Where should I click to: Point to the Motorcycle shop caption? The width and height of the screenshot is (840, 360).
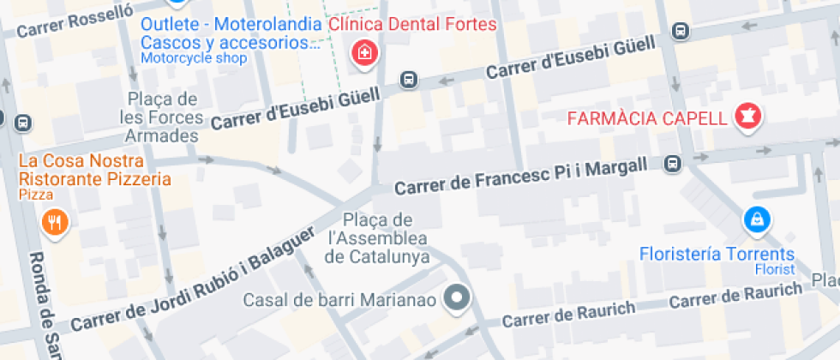click(193, 58)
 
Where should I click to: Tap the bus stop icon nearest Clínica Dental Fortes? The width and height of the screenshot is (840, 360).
click(409, 81)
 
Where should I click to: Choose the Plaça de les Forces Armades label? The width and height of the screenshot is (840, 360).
click(162, 117)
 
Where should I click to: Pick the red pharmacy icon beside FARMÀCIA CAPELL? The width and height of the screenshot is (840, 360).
click(748, 116)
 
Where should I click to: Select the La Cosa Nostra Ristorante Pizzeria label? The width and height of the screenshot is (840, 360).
click(94, 170)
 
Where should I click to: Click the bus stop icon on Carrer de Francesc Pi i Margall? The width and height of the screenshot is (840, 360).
click(674, 163)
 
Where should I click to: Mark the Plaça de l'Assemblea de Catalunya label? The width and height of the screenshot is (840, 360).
click(378, 238)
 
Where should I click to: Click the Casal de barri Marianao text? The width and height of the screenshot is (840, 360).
click(340, 300)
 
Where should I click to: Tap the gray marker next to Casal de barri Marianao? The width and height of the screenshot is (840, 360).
click(458, 298)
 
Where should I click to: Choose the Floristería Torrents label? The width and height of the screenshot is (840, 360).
click(717, 255)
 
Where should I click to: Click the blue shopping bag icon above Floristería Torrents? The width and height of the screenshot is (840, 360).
click(757, 221)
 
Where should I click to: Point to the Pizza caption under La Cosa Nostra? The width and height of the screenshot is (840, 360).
click(35, 195)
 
